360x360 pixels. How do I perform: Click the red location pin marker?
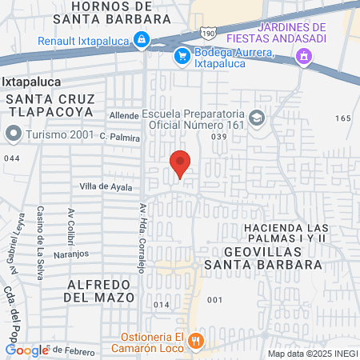click(x=181, y=163)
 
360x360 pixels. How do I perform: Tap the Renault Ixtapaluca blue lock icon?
click(x=141, y=38)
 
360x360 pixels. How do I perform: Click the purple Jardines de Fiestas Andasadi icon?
click(x=303, y=56)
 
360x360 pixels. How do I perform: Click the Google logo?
click(x=26, y=350)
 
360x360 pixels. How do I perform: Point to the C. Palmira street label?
click(x=120, y=138)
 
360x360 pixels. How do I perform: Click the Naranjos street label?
click(x=71, y=253)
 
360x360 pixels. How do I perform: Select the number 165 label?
click(x=343, y=118)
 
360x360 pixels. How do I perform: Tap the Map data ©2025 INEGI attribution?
click(x=311, y=354)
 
